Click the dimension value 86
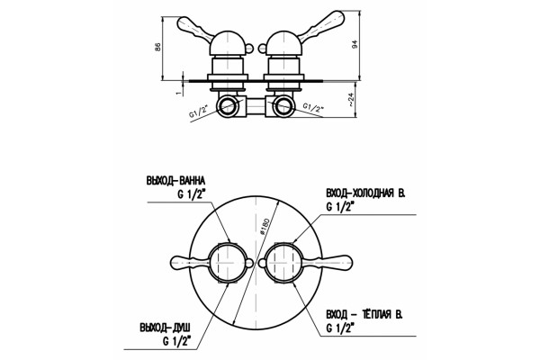pyautogui.click(x=157, y=47)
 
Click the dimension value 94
pyautogui.click(x=355, y=44)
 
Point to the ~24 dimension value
pyautogui.click(x=350, y=100)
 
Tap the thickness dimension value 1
pyautogui.click(x=178, y=93)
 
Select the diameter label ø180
pyautogui.click(x=265, y=226)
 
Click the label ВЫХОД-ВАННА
pyautogui.click(x=175, y=180)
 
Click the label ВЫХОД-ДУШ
pyautogui.click(x=165, y=327)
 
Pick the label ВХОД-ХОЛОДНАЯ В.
pyautogui.click(x=365, y=193)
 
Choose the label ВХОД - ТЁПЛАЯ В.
pyautogui.click(x=364, y=314)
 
